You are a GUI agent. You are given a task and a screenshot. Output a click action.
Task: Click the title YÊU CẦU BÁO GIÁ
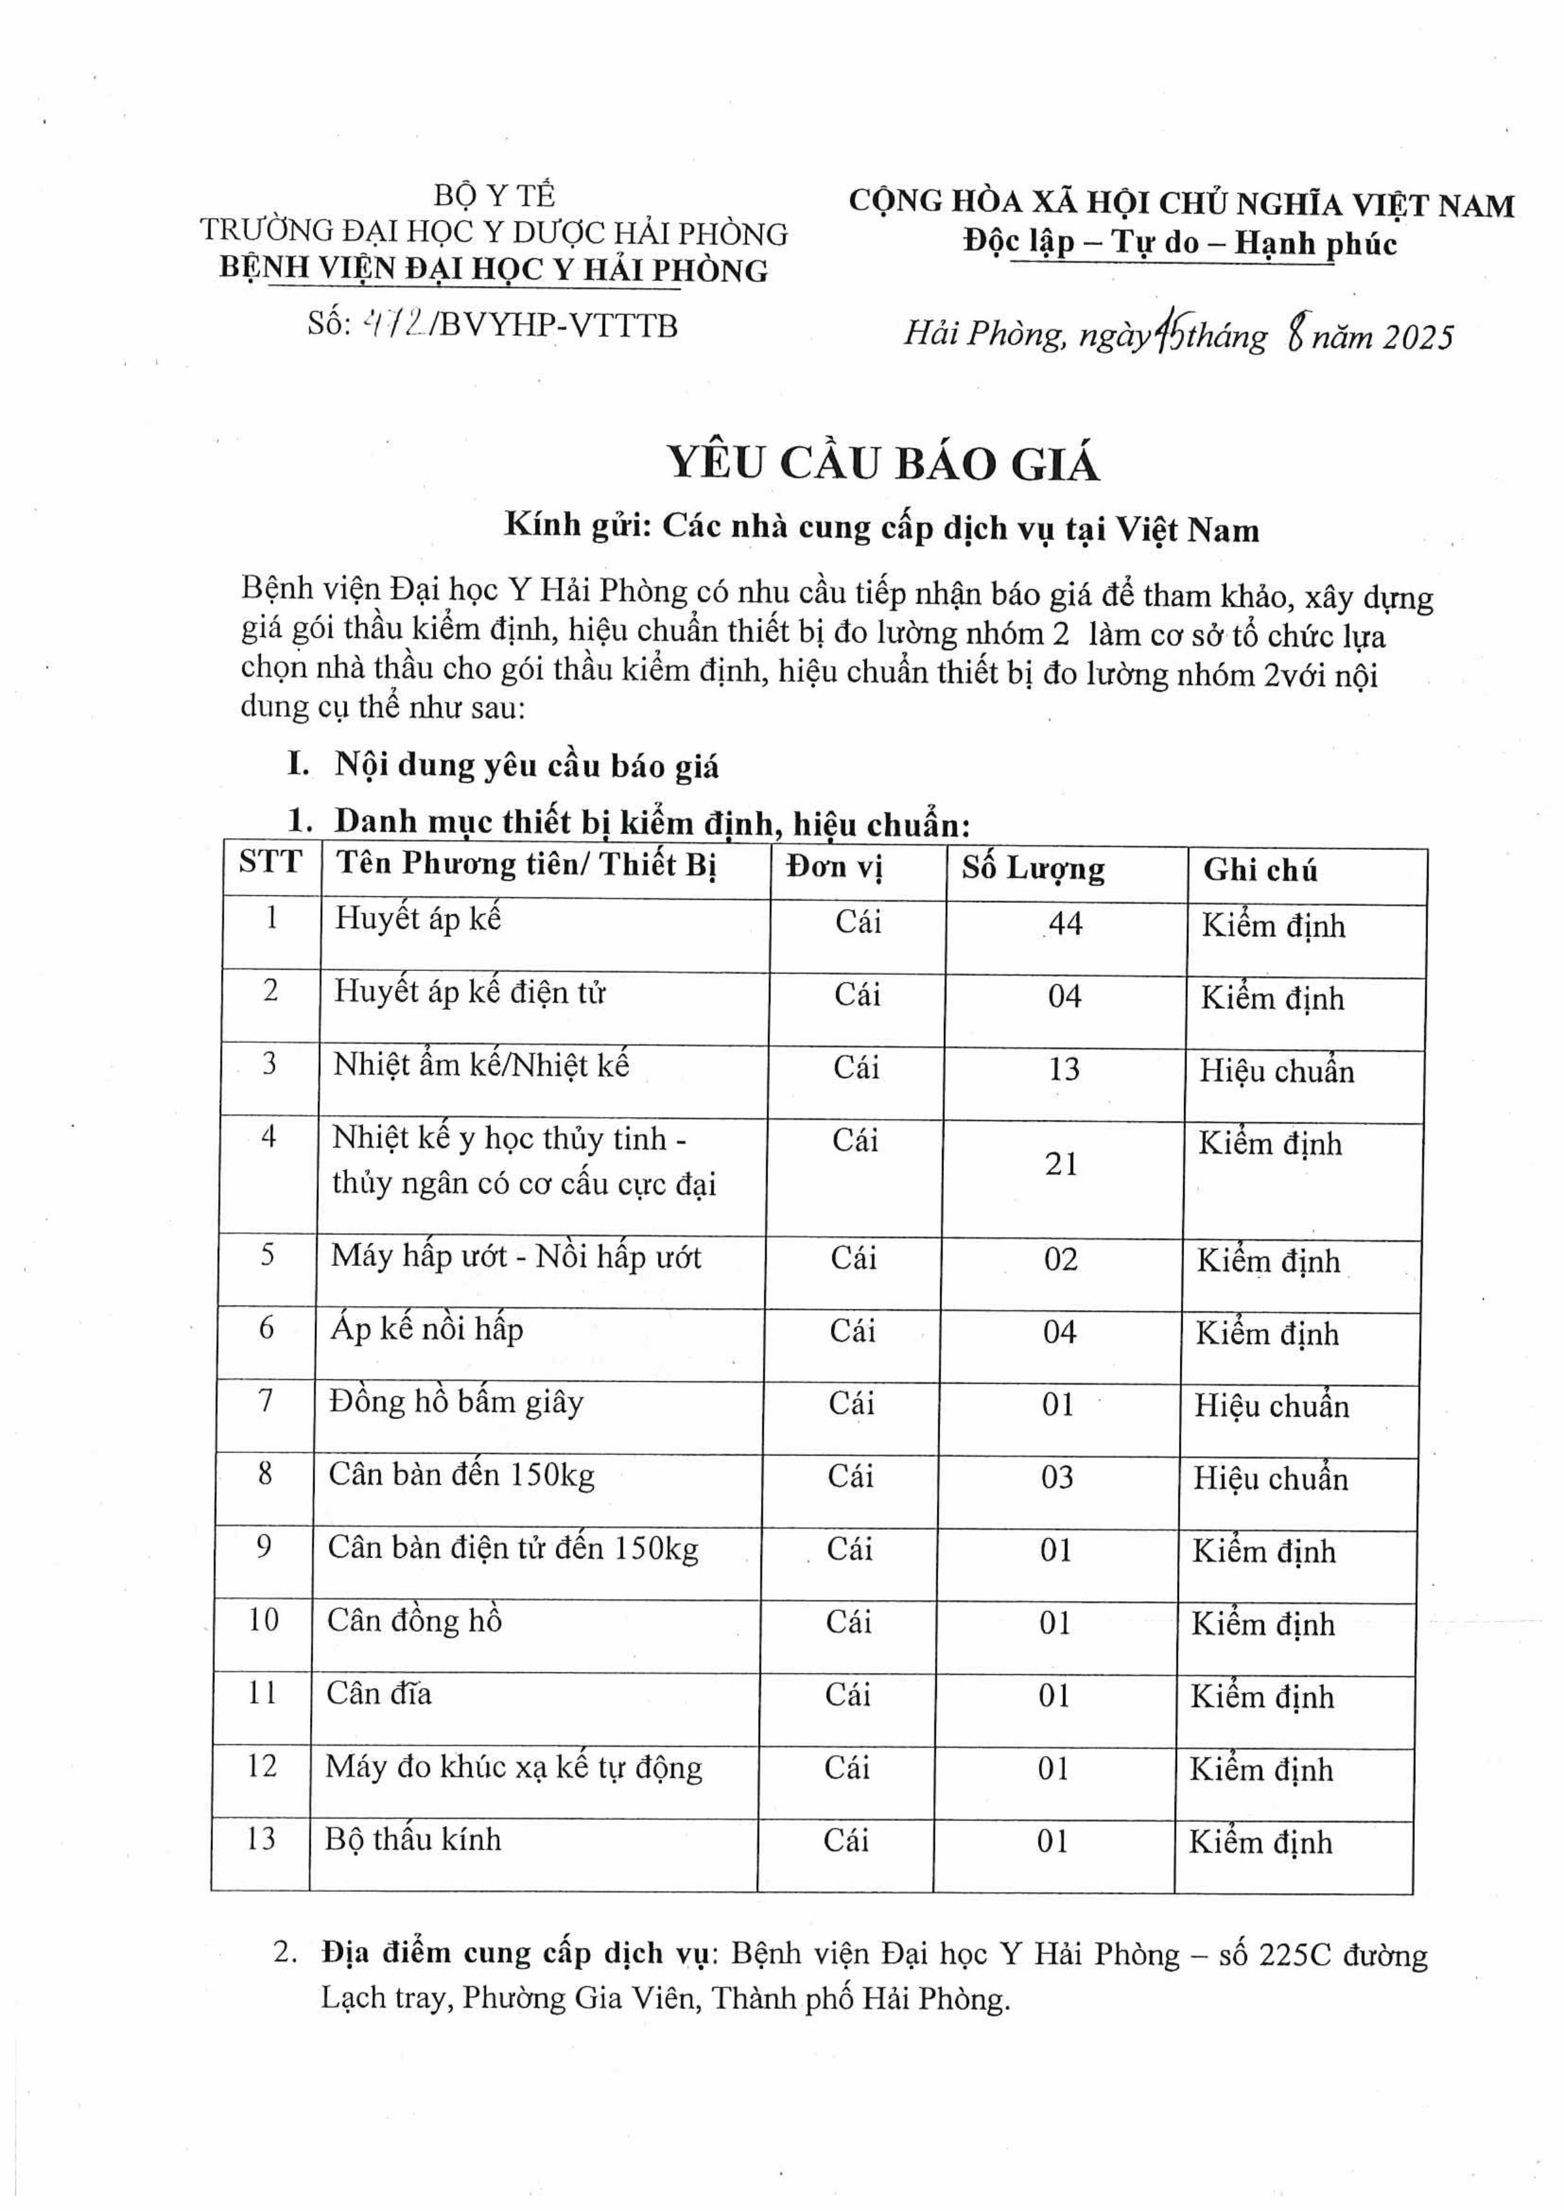pyautogui.click(x=883, y=463)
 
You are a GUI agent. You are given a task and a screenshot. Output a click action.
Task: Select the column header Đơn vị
pyautogui.click(x=834, y=868)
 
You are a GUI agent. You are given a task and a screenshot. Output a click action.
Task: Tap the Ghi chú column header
pyautogui.click(x=1260, y=871)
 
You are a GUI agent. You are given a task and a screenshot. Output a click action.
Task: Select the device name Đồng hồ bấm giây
pyautogui.click(x=456, y=1402)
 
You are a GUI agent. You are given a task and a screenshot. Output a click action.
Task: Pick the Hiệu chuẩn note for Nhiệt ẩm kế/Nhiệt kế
pyautogui.click(x=1276, y=1071)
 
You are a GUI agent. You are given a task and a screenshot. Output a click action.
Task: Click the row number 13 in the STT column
pyautogui.click(x=261, y=1839)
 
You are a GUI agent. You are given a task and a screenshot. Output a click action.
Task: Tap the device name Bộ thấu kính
pyautogui.click(x=413, y=1839)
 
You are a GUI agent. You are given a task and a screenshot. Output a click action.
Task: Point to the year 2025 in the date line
pyautogui.click(x=1417, y=336)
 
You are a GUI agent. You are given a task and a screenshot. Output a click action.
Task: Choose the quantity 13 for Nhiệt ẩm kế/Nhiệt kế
pyautogui.click(x=1064, y=1069)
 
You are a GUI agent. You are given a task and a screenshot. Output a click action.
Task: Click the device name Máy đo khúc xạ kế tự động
pyautogui.click(x=514, y=1767)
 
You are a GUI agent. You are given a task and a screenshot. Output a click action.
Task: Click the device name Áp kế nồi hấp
pyautogui.click(x=427, y=1329)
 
